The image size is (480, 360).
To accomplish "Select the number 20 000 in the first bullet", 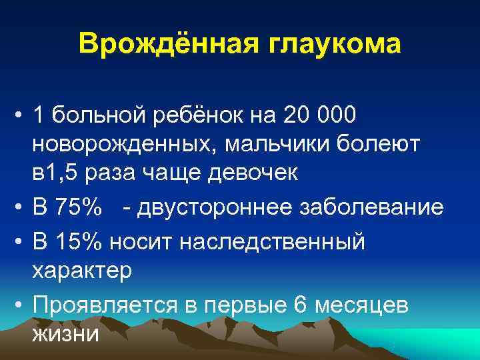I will [320, 117].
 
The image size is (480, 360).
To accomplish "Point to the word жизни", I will [65, 332].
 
